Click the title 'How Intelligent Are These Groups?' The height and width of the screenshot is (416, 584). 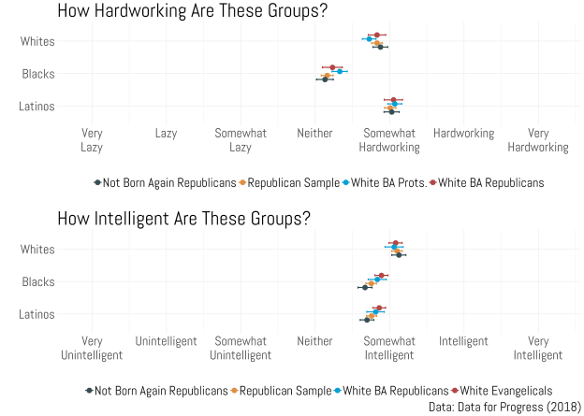click(x=183, y=219)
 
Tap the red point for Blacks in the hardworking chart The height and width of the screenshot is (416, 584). click(x=332, y=67)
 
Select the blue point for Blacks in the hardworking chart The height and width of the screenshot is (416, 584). click(x=341, y=71)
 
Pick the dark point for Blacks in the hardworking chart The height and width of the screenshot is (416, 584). click(x=325, y=79)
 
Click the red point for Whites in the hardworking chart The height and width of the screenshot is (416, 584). click(x=377, y=36)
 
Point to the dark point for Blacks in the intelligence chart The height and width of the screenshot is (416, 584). click(x=365, y=287)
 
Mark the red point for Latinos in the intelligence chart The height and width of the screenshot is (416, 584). click(x=378, y=308)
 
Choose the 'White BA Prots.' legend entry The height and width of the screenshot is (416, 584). click(x=385, y=183)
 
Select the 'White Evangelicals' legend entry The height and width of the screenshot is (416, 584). click(x=504, y=391)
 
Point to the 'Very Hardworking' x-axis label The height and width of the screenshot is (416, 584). click(x=538, y=140)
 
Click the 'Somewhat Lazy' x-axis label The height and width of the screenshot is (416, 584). click(x=241, y=140)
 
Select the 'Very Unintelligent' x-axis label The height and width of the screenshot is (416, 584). click(x=92, y=348)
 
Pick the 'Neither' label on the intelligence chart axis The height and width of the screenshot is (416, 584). click(x=314, y=341)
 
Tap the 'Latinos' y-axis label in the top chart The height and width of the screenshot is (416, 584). click(x=36, y=107)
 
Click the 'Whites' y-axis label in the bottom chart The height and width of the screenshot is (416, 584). click(x=37, y=250)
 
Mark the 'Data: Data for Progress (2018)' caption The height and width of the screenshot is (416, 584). click(x=504, y=407)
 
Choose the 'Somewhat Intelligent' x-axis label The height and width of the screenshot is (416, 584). click(x=389, y=348)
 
